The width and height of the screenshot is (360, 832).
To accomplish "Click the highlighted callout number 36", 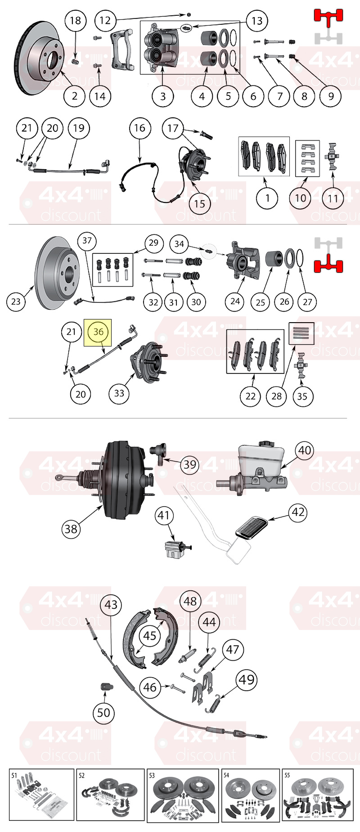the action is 98,332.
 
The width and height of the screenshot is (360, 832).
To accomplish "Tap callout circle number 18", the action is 75,20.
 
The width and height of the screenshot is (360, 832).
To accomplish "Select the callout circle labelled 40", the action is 305,450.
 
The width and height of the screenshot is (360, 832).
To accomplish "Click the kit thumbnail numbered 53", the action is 182,795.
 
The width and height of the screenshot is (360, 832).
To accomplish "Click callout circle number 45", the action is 150,636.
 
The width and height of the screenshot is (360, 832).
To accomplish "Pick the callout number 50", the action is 103,713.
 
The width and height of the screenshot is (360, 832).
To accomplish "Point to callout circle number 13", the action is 256,21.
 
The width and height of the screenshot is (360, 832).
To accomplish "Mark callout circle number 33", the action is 119,393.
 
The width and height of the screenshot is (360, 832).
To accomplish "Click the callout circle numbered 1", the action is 267,198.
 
